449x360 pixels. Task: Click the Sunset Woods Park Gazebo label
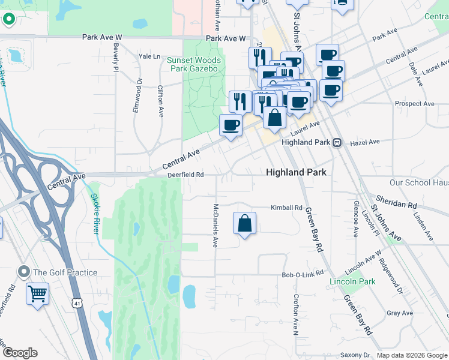[194, 65]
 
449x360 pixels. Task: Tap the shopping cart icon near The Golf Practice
[37, 294]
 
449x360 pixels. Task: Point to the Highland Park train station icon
[338, 143]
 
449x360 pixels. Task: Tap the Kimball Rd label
[286, 208]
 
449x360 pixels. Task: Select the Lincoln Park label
[352, 281]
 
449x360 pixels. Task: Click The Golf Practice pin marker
[24, 272]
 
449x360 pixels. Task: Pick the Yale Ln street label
[149, 56]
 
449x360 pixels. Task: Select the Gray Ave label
[400, 313]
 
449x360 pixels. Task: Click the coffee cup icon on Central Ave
[231, 125]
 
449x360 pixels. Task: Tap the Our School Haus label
[418, 182]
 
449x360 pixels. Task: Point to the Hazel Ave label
[365, 142]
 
